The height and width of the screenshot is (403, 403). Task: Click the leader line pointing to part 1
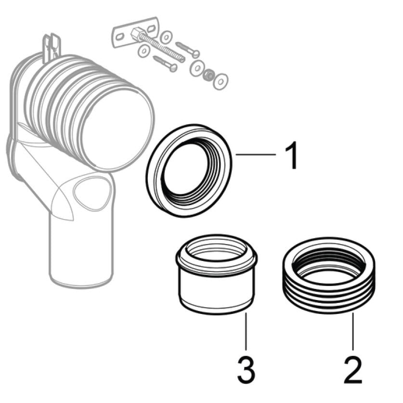pos(256,155)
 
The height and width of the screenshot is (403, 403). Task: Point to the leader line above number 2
pos(353,332)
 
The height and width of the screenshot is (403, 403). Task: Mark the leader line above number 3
pos(246,332)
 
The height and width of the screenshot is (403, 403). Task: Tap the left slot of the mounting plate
pos(119,37)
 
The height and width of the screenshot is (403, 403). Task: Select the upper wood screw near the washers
pos(188,49)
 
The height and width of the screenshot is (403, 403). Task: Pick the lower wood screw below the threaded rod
pos(165,63)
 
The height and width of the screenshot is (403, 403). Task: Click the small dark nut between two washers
pos(208,75)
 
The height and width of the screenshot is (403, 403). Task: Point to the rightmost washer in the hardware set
pos(221,81)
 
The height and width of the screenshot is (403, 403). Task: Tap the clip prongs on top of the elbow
pos(52,48)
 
